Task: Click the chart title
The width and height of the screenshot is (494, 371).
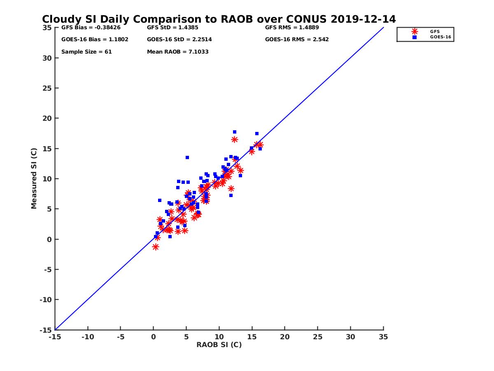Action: [x=219, y=19]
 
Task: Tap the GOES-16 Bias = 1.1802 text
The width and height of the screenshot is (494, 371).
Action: [x=89, y=40]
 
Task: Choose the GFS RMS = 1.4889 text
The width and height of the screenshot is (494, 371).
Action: [x=292, y=28]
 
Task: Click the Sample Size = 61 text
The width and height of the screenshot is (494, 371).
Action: [x=86, y=52]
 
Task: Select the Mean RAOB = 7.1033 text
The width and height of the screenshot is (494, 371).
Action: [x=177, y=52]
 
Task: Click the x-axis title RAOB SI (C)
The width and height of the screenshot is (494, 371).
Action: [x=219, y=345]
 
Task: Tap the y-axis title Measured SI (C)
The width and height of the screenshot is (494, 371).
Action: [x=34, y=178]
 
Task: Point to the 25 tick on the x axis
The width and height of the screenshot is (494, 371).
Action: [x=317, y=337]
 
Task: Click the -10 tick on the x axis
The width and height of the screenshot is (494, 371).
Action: [x=87, y=337]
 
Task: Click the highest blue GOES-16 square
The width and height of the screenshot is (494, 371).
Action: [x=235, y=132]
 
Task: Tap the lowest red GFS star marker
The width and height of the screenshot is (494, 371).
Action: [x=156, y=247]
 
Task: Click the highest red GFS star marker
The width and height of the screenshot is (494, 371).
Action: [x=235, y=139]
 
